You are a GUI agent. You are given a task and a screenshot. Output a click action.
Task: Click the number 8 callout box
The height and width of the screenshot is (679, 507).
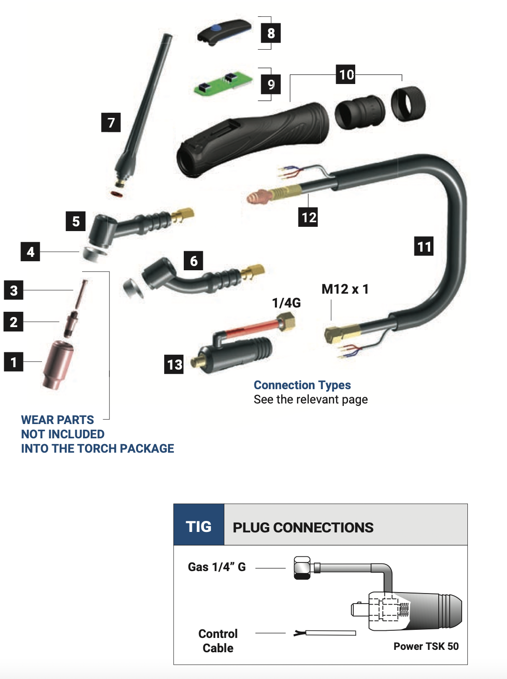click(271, 33)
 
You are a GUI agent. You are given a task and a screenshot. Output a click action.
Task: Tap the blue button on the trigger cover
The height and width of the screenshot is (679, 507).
click(216, 29)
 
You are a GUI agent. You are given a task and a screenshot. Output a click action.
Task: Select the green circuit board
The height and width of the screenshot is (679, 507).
click(223, 83)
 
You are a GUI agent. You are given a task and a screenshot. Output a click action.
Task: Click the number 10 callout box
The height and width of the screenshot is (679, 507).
click(346, 74)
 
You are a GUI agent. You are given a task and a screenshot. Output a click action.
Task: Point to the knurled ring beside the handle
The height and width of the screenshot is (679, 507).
click(408, 104)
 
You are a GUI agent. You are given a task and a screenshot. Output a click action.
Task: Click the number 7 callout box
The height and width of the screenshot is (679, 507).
click(111, 123)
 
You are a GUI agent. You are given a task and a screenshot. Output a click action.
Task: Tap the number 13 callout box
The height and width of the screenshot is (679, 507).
click(174, 364)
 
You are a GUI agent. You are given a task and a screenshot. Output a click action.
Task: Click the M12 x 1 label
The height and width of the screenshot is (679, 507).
click(345, 289)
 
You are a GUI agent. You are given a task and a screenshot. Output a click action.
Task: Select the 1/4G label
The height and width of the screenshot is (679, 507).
click(286, 303)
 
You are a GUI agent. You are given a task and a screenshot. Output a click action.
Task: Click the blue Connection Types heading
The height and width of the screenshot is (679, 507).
click(302, 385)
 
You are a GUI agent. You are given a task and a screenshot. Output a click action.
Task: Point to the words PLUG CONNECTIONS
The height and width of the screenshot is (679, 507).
click(303, 528)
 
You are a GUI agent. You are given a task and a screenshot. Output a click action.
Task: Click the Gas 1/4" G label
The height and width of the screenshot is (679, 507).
click(217, 567)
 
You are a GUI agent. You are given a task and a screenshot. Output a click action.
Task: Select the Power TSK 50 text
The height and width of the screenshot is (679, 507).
click(426, 646)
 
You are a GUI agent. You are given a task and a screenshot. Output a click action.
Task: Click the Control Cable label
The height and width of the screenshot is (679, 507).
click(218, 641)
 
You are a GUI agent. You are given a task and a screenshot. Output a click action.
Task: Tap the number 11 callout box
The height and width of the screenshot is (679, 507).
click(424, 246)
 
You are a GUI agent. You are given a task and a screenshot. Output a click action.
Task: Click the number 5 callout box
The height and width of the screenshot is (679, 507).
click(76, 221)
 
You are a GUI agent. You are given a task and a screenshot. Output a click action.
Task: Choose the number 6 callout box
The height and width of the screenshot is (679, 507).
click(193, 260)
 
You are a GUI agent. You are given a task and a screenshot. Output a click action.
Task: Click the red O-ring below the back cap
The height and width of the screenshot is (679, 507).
click(117, 194)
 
